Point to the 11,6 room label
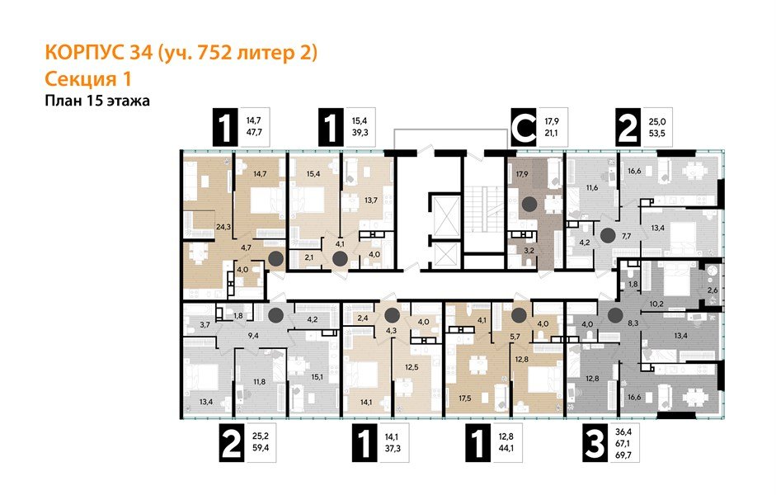tap(590, 189)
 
